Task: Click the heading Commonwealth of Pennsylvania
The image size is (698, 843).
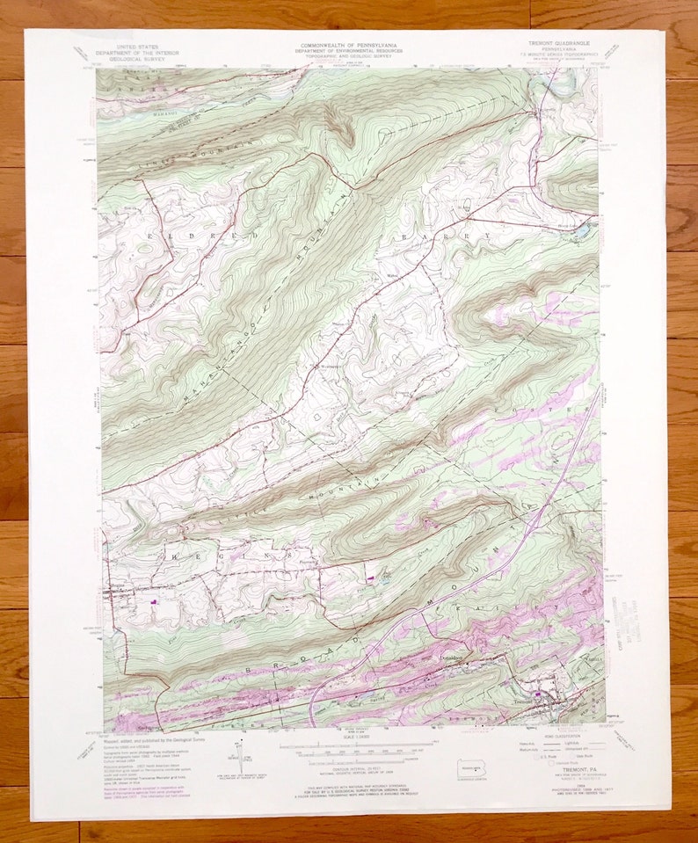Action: click(350, 45)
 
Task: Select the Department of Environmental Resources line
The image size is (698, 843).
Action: click(350, 51)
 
